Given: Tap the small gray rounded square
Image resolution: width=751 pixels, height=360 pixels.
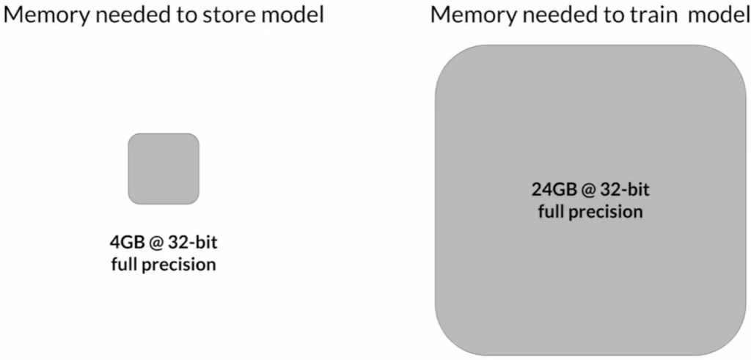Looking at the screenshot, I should (164, 169).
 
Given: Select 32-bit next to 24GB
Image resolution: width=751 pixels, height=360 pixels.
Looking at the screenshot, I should (624, 191).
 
